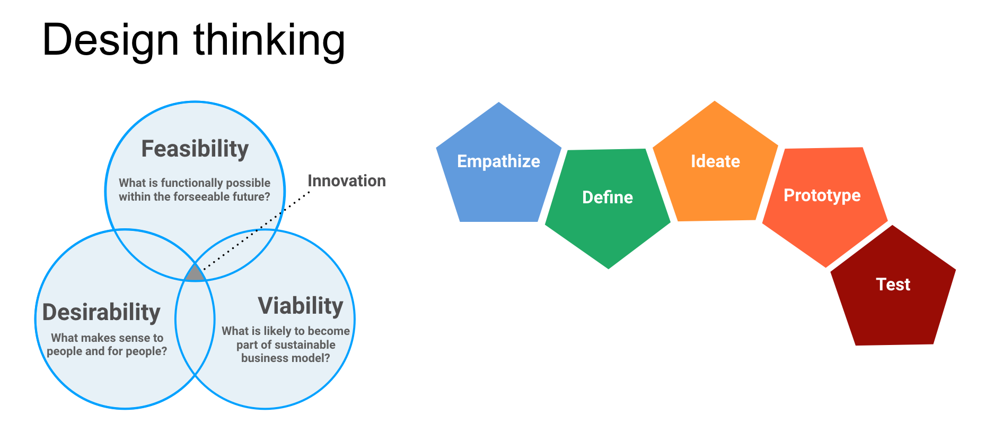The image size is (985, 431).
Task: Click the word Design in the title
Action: point(110,41)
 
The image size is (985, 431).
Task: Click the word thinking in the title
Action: point(269,41)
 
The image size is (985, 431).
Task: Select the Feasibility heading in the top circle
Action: point(195,149)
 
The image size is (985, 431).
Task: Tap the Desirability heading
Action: point(101,313)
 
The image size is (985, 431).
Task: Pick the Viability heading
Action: point(301,306)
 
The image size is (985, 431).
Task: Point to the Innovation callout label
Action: point(347,181)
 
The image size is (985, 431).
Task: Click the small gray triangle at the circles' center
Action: point(195,274)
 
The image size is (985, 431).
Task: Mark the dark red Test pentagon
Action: point(893,289)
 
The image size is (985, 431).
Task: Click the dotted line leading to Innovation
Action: point(256,231)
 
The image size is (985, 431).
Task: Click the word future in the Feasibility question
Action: point(252,197)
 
